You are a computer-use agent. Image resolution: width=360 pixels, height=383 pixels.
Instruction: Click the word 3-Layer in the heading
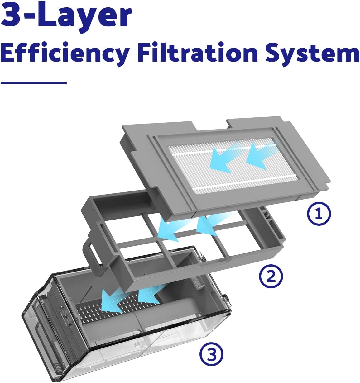[66, 17]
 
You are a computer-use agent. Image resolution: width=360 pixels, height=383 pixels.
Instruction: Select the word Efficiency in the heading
[65, 54]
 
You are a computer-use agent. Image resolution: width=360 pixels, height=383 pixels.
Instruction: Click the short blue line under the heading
[34, 83]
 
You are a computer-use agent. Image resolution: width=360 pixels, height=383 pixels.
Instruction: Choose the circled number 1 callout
[319, 214]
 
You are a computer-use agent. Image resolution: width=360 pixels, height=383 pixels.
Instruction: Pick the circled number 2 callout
[271, 277]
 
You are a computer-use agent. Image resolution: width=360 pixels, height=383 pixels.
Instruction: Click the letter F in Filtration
[146, 52]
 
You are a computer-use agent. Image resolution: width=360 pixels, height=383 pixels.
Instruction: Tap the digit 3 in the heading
[12, 14]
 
